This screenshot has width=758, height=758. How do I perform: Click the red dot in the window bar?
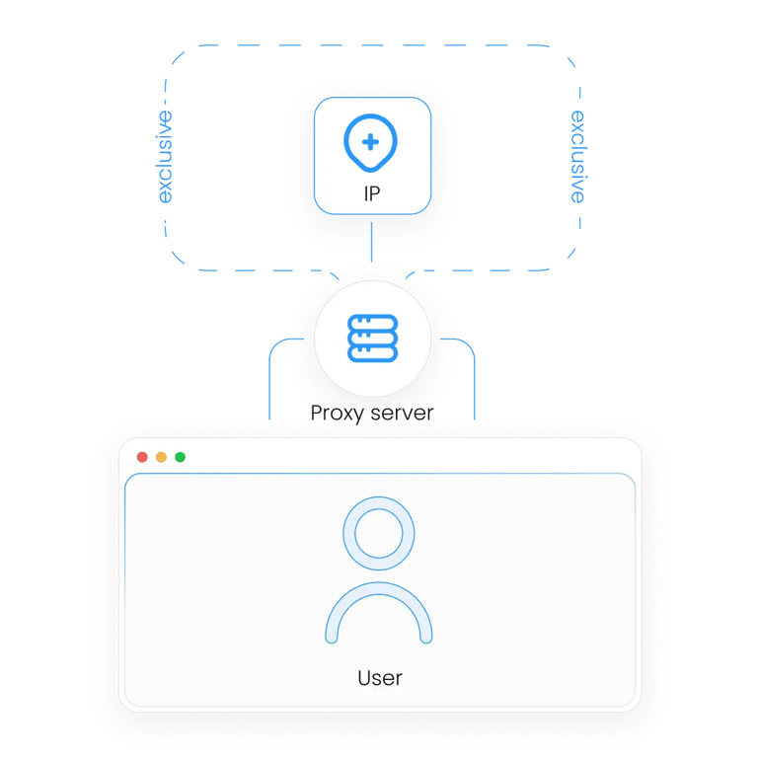pyautogui.click(x=142, y=457)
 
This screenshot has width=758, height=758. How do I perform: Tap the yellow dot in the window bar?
pyautogui.click(x=161, y=457)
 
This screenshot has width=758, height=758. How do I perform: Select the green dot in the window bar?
pyautogui.click(x=181, y=457)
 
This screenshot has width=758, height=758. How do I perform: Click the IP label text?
pyautogui.click(x=372, y=193)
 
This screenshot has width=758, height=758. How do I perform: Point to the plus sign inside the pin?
pyautogui.click(x=371, y=142)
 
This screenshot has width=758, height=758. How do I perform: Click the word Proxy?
pyautogui.click(x=337, y=414)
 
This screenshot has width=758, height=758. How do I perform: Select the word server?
pyautogui.click(x=403, y=414)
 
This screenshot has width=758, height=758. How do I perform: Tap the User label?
pyautogui.click(x=380, y=678)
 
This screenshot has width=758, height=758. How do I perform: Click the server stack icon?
pyautogui.click(x=373, y=338)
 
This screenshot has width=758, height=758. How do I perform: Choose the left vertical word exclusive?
pyautogui.click(x=165, y=157)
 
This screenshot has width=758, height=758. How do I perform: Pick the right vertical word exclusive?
pyautogui.click(x=577, y=157)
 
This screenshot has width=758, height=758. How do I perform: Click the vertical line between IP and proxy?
pyautogui.click(x=371, y=242)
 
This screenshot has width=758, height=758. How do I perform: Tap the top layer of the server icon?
pyautogui.click(x=373, y=323)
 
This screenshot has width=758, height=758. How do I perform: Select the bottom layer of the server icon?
pyautogui.click(x=373, y=353)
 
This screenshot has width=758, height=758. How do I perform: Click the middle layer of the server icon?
pyautogui.click(x=373, y=339)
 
